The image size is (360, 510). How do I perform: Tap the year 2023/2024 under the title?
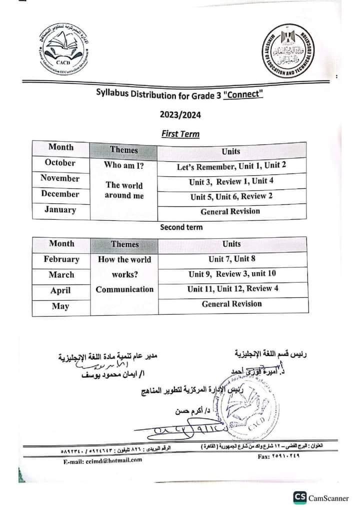coord(180,115)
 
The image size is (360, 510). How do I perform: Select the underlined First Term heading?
coord(180,134)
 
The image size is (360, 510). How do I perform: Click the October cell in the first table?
coord(60,163)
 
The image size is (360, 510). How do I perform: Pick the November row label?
coord(60,178)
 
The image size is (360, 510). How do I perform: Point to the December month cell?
coord(60,194)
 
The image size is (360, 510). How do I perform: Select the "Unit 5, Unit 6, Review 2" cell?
coord(231,196)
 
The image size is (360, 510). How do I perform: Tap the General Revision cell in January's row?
coord(230,211)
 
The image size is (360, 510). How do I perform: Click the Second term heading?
coord(181,227)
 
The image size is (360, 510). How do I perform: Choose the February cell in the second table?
coord(61,259)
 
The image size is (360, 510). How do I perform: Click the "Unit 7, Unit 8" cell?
coord(231,259)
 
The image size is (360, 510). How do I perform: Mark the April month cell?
coord(60,290)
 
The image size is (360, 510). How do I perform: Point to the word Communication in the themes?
coord(124,289)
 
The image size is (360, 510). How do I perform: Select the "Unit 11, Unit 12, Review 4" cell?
coord(232,289)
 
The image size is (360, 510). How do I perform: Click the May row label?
coord(60,306)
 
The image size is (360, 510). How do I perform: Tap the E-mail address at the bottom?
coord(103,460)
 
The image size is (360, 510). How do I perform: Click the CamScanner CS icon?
coord(300,497)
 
